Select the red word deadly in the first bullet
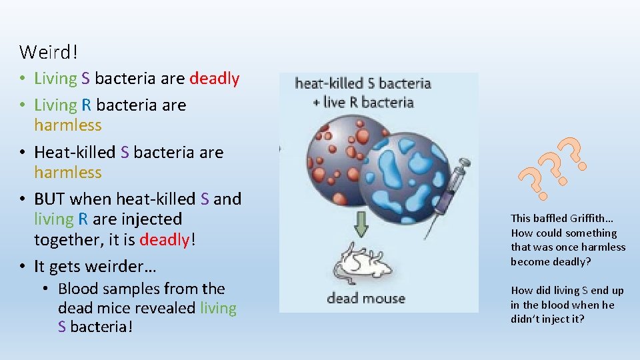pos(214,79)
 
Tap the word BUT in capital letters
pos(49,199)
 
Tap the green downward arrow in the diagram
pos(361,225)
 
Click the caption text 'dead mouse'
pos(365,298)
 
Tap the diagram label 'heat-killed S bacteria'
pos(363,84)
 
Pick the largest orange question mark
pos(574,153)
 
